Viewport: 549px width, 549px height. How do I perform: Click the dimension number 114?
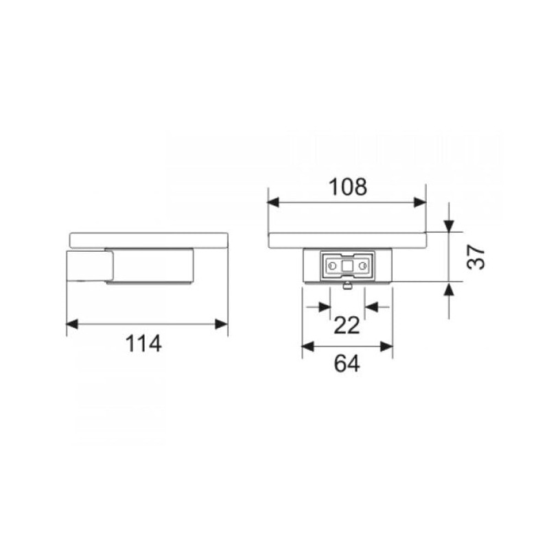click(143, 344)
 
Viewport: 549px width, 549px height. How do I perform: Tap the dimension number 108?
click(348, 187)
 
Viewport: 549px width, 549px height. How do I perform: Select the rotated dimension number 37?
click(476, 257)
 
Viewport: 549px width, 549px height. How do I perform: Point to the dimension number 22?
click(347, 325)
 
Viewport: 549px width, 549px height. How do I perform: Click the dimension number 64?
click(347, 364)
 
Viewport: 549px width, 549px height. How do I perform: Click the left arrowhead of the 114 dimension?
click(72, 324)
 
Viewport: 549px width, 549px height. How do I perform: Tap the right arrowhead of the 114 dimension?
click(222, 324)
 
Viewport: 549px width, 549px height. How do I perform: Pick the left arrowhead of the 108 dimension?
click(273, 202)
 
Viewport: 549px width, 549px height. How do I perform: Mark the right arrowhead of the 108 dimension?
click(420, 202)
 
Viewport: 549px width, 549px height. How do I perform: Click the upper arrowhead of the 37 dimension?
click(449, 226)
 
